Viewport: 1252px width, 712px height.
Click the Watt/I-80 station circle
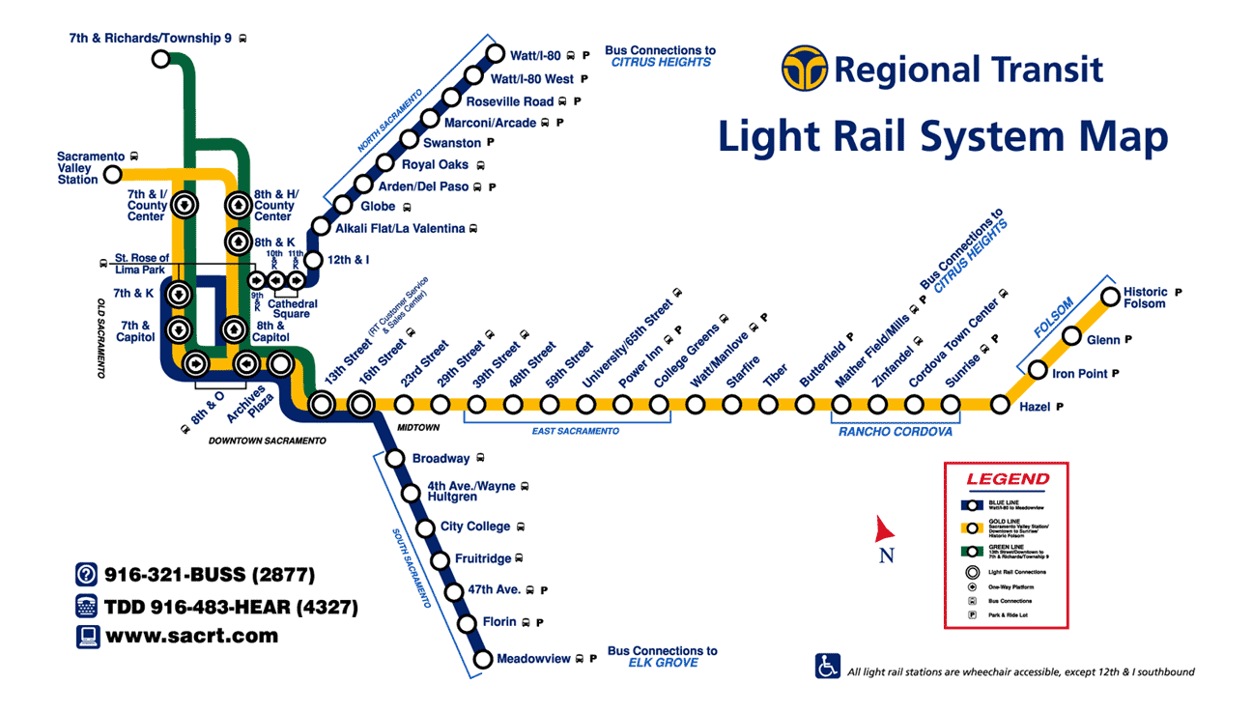coord(496,54)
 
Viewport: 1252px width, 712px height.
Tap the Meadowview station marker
coord(483,660)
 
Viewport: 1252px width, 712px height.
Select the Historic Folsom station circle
coord(1108,297)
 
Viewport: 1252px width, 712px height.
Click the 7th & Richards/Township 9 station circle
coord(161,59)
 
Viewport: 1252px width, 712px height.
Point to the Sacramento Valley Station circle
coord(113,175)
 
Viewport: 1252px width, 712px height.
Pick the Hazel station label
coord(1035,408)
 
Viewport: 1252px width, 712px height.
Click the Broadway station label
coord(441,459)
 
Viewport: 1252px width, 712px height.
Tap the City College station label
coord(474,527)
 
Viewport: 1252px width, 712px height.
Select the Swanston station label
coord(452,143)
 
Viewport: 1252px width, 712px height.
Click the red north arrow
coord(885,529)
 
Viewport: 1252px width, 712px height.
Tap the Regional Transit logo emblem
coord(804,69)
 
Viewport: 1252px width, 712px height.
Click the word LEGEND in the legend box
coord(1007,479)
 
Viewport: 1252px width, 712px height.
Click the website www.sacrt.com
coord(191,636)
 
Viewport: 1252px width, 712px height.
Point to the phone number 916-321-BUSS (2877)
coord(210,575)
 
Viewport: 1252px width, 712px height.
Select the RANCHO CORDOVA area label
coord(895,432)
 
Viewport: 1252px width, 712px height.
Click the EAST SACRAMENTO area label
coord(576,431)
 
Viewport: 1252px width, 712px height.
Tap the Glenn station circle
coord(1071,336)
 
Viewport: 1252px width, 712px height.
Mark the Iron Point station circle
coord(1038,370)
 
